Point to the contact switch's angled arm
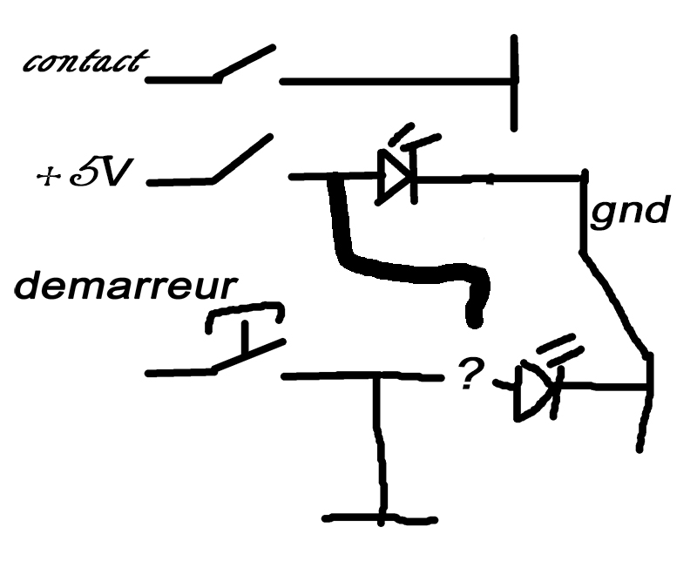click(247, 63)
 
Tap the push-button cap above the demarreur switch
click(244, 314)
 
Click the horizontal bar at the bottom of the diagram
click(379, 520)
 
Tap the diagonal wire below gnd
click(617, 305)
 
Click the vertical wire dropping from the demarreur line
click(378, 444)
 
